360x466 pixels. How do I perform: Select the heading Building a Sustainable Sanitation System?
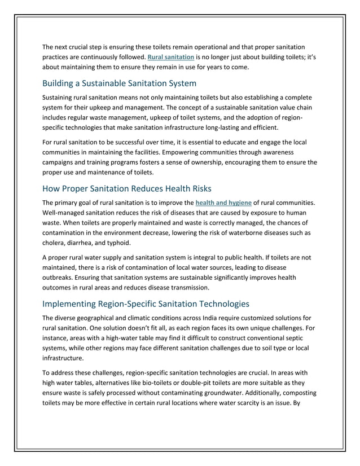pos(119,83)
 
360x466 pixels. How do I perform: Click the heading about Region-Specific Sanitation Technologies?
pos(146,304)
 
